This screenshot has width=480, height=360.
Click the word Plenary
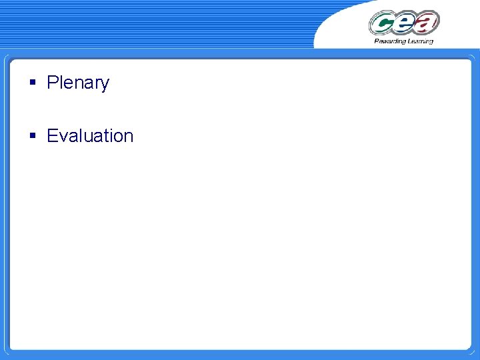click(78, 83)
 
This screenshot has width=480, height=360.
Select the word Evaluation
click(90, 136)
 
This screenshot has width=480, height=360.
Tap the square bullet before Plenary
click(32, 83)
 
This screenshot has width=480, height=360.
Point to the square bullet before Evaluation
click(32, 136)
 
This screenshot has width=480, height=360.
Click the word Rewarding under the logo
click(389, 41)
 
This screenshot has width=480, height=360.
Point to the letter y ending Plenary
click(105, 85)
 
